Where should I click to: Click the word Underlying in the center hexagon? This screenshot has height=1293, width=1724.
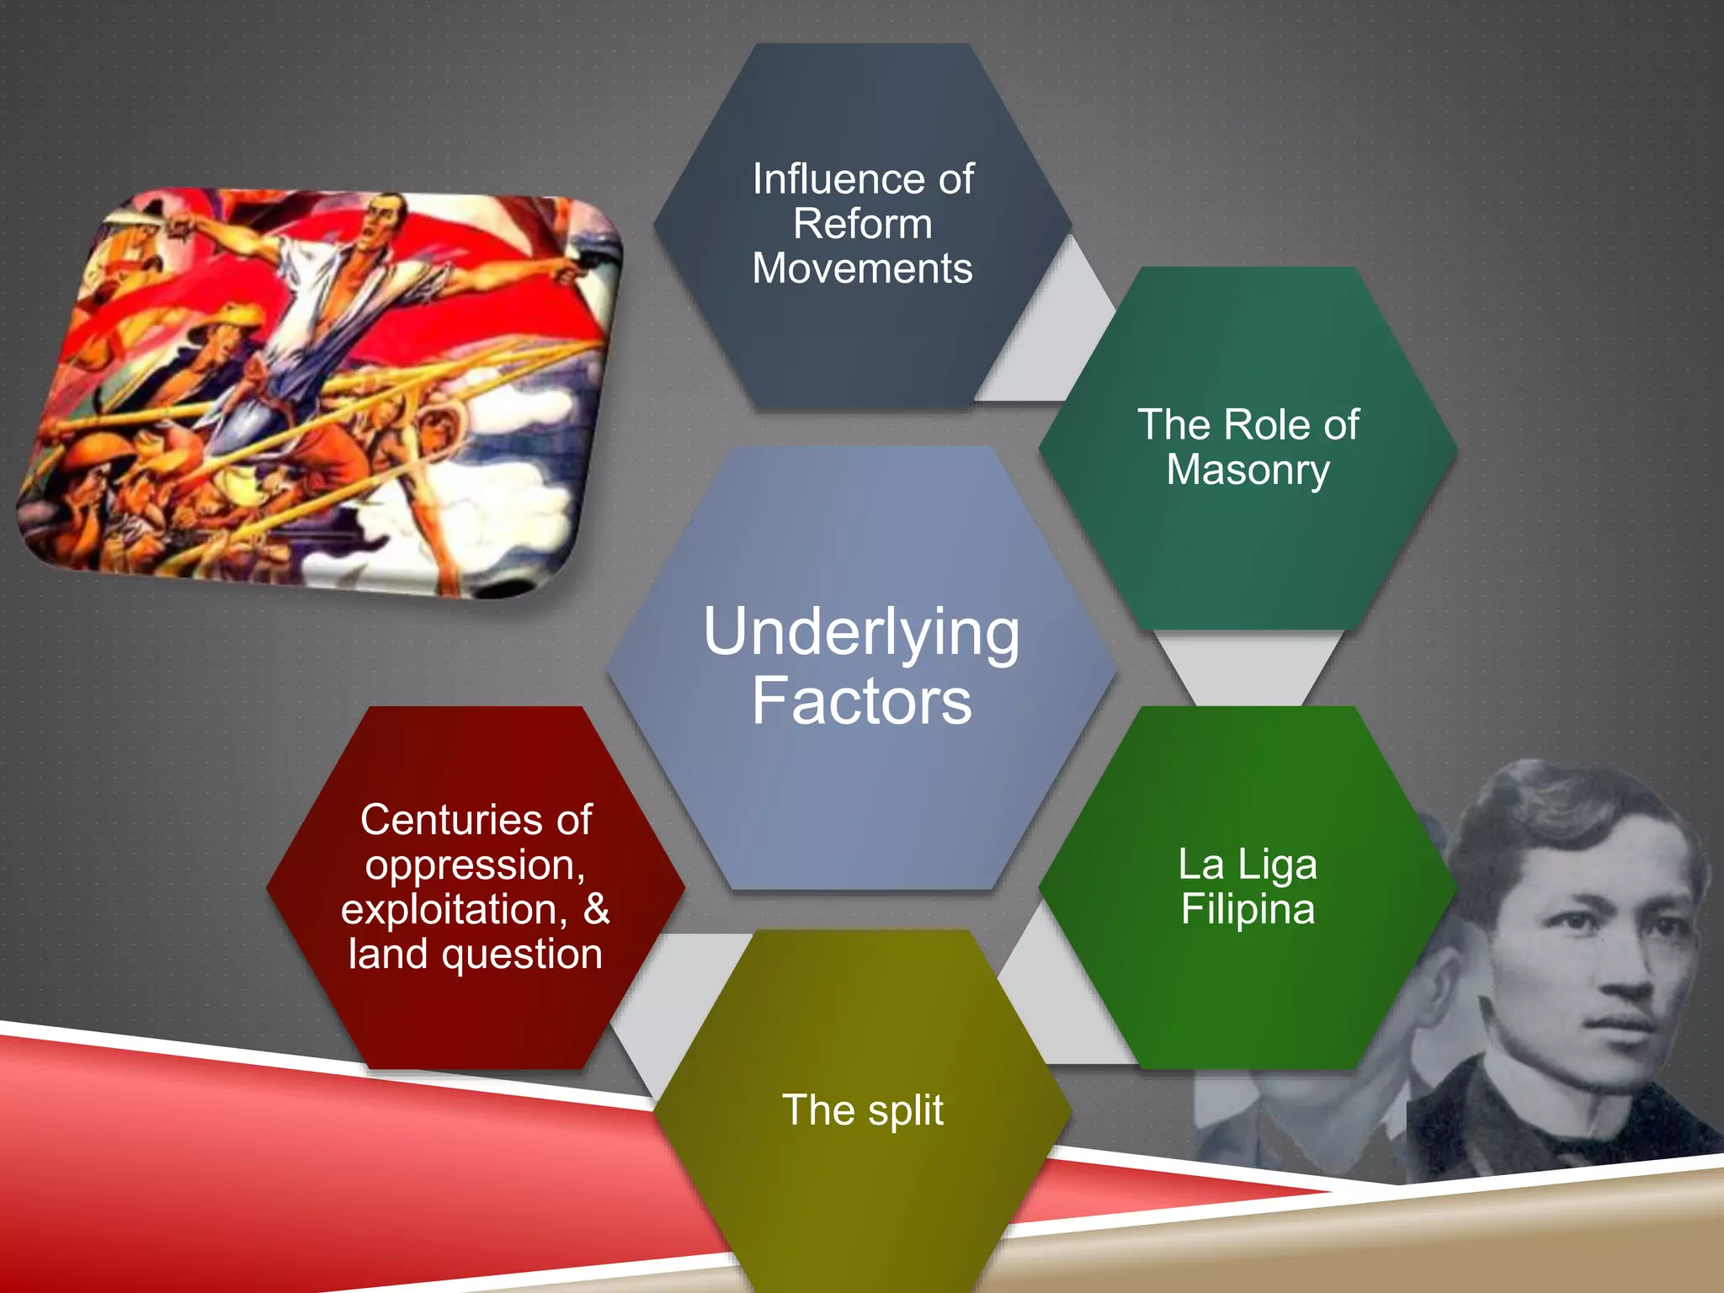click(861, 633)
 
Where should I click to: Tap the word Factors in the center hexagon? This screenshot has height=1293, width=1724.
click(861, 701)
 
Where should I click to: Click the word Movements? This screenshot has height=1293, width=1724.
click(862, 269)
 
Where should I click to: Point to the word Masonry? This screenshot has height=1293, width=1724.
click(1248, 470)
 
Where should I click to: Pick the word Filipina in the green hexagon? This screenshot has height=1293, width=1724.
click(1248, 909)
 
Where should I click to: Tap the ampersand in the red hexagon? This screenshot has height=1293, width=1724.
click(596, 909)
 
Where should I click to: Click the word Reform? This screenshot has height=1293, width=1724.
click(862, 224)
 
